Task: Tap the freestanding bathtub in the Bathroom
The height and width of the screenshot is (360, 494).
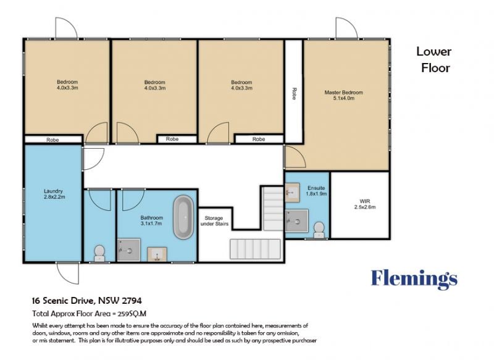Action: tap(183, 217)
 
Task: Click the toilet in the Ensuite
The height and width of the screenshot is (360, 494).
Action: tap(319, 230)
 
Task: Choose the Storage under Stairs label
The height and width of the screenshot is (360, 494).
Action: tap(214, 221)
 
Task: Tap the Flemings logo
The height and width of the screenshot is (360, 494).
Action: tap(414, 279)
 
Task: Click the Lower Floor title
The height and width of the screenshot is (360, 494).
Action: tap(435, 60)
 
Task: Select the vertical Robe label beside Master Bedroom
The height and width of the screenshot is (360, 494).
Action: tap(294, 93)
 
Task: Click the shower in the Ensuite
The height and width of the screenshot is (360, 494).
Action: tap(296, 221)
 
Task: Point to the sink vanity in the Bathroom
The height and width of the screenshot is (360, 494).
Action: tap(157, 254)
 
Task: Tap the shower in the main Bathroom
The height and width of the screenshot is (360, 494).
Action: tap(129, 249)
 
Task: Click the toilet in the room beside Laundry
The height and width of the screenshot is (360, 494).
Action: tap(99, 253)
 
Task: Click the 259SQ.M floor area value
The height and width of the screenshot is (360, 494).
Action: tap(132, 314)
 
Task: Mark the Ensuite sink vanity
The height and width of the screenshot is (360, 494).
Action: tap(293, 192)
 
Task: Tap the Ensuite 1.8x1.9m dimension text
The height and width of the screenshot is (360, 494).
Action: tap(316, 194)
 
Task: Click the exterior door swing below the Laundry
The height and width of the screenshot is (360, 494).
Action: tap(68, 273)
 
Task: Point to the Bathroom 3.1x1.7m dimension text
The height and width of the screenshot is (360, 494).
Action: tap(151, 224)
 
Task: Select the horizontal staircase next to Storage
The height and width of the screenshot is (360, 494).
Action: tap(256, 249)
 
